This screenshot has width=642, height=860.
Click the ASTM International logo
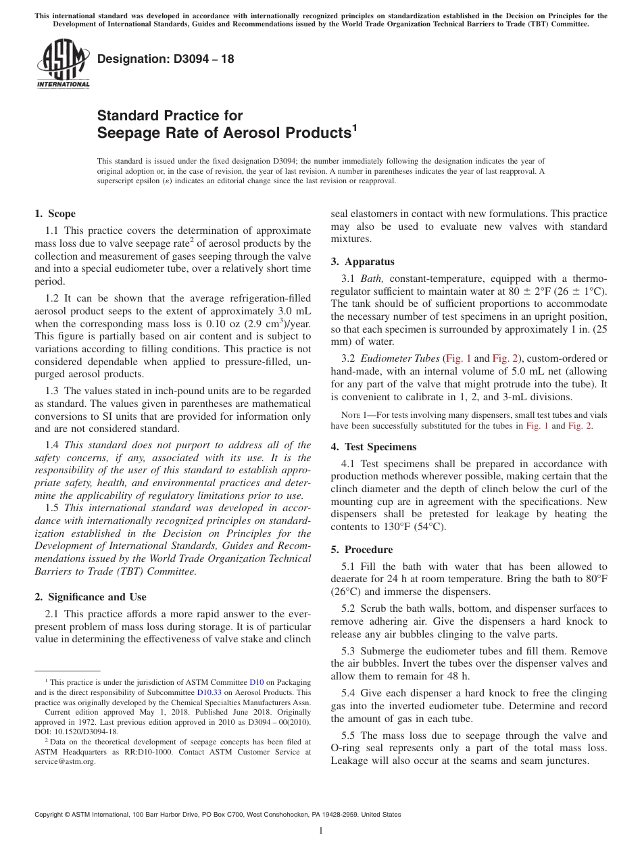pyautogui.click(x=62, y=64)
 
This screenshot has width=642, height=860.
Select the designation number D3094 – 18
pyautogui.click(x=166, y=59)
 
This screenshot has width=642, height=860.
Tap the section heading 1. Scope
pyautogui.click(x=55, y=214)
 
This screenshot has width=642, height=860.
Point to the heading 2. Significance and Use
pyautogui.click(x=90, y=597)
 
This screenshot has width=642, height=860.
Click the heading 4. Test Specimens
pyautogui.click(x=374, y=447)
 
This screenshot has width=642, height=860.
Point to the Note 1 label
pyautogui.click(x=345, y=415)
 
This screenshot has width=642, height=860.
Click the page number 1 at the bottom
pyautogui.click(x=321, y=831)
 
